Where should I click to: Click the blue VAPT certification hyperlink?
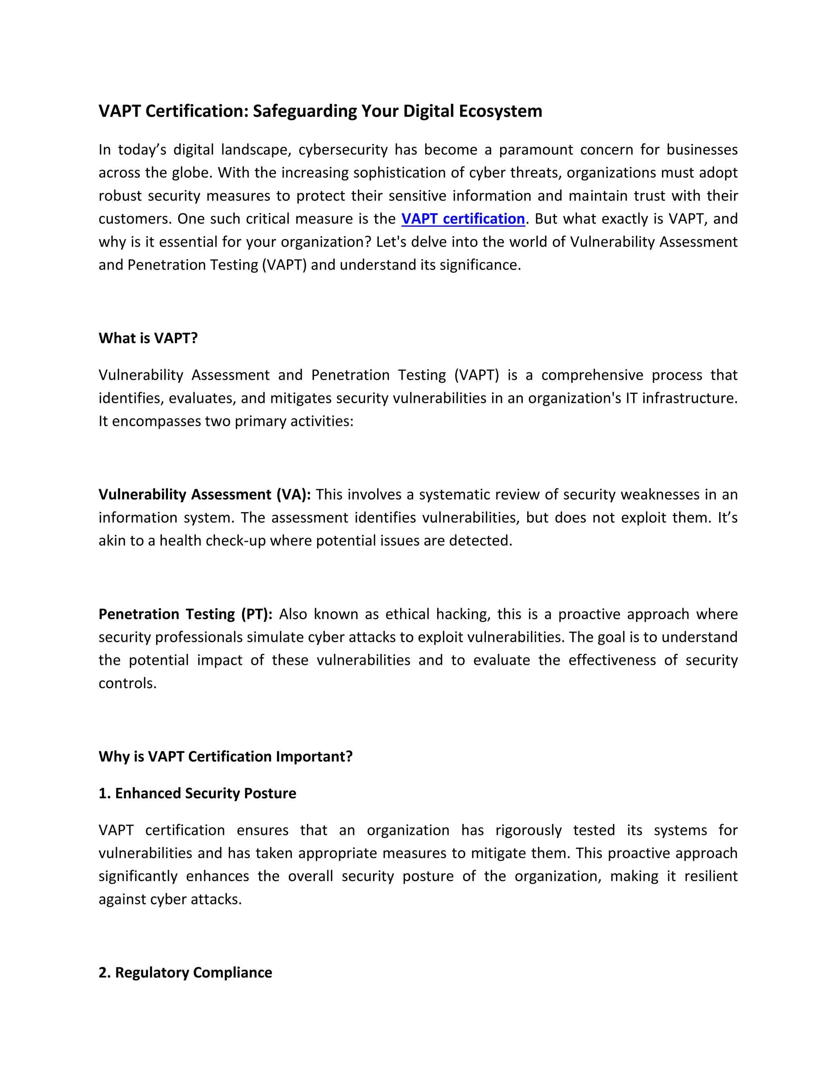click(x=463, y=219)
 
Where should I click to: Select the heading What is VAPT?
click(x=148, y=338)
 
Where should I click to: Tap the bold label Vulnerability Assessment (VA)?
click(x=204, y=495)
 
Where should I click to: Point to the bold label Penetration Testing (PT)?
click(x=186, y=614)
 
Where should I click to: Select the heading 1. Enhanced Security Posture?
click(x=197, y=793)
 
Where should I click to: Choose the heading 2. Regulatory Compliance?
click(x=185, y=972)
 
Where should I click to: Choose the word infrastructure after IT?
click(x=689, y=398)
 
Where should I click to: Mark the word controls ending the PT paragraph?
click(x=127, y=683)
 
